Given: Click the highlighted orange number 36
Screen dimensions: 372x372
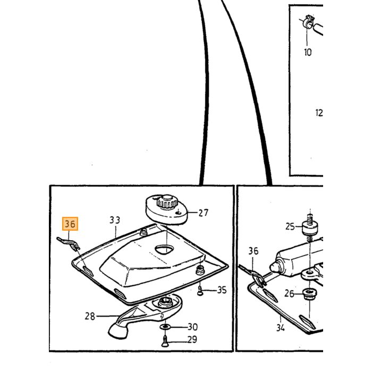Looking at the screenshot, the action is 70,224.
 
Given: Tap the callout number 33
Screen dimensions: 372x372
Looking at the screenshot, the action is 115,220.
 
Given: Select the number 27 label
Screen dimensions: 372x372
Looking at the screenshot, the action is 204,213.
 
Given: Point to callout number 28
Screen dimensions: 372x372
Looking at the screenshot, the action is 90,316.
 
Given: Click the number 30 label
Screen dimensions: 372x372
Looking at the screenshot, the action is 192,327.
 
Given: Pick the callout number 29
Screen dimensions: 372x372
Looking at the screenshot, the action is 192,340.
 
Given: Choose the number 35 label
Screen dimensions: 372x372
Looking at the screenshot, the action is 222,290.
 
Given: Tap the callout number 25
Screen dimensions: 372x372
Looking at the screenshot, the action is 290,226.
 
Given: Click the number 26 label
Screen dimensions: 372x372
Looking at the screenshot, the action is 289,294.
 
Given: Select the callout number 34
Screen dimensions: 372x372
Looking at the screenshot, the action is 281,328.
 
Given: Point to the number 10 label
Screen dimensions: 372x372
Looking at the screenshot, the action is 308,52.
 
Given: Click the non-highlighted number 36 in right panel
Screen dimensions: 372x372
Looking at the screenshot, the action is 253,251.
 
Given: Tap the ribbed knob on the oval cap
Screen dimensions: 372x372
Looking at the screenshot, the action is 167,201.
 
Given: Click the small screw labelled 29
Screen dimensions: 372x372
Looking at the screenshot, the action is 165,341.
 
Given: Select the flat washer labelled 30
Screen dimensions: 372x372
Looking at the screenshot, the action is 166,327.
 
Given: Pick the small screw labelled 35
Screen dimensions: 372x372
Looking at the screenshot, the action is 200,291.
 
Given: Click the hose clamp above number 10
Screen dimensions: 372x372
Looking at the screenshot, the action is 308,22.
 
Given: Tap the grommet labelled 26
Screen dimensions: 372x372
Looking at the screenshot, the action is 310,293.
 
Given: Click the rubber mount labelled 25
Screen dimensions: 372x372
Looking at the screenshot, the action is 310,227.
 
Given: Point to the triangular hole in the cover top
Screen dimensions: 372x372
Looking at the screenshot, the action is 164,249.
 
